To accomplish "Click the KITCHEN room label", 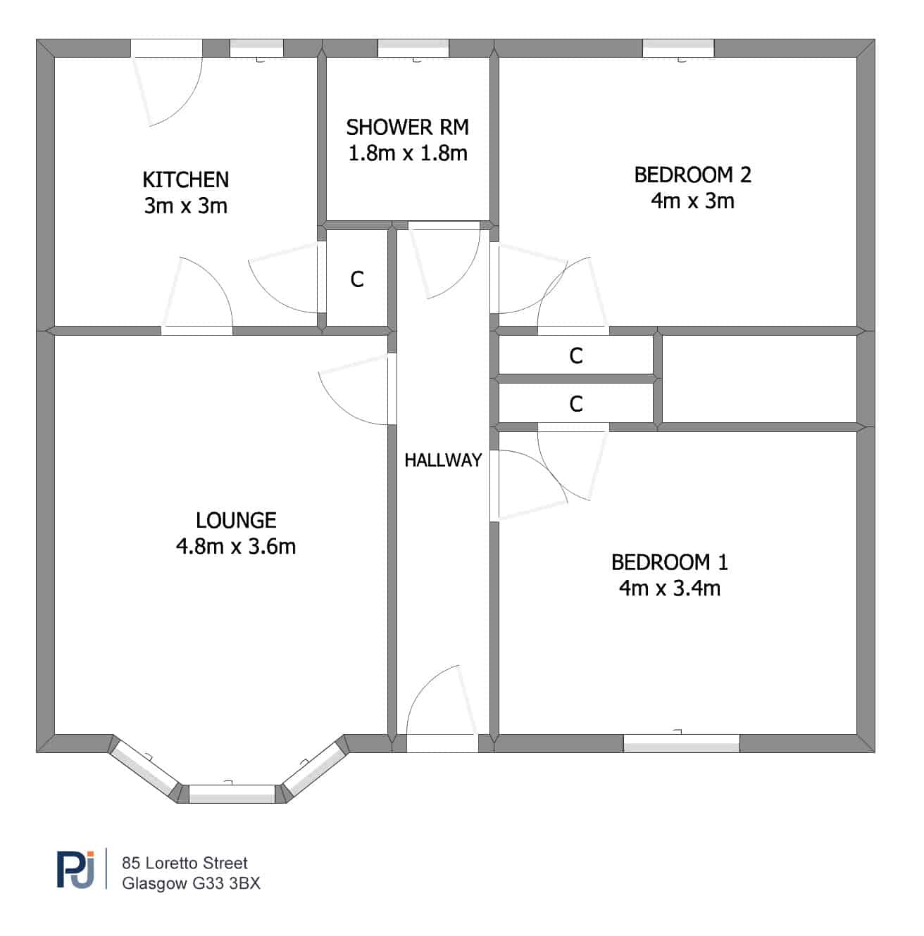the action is (x=185, y=179).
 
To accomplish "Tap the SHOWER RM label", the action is (x=408, y=127).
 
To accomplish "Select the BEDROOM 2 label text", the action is (x=692, y=175).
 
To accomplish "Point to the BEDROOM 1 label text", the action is (x=669, y=562).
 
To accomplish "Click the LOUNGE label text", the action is (x=236, y=520).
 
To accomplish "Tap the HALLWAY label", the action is (x=443, y=460).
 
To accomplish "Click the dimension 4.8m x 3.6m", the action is (x=236, y=546).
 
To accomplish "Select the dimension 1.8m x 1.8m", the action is (x=408, y=153).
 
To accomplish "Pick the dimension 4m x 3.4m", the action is (x=669, y=588).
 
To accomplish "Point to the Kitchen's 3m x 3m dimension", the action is (x=185, y=206).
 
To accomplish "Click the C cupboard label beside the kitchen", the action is (x=357, y=279).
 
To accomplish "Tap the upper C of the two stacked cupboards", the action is (x=576, y=356).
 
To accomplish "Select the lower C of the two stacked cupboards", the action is (x=576, y=404).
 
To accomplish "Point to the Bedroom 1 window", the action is (x=681, y=743).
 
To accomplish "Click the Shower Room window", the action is (x=413, y=48).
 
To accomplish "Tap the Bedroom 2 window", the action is (x=678, y=48).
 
